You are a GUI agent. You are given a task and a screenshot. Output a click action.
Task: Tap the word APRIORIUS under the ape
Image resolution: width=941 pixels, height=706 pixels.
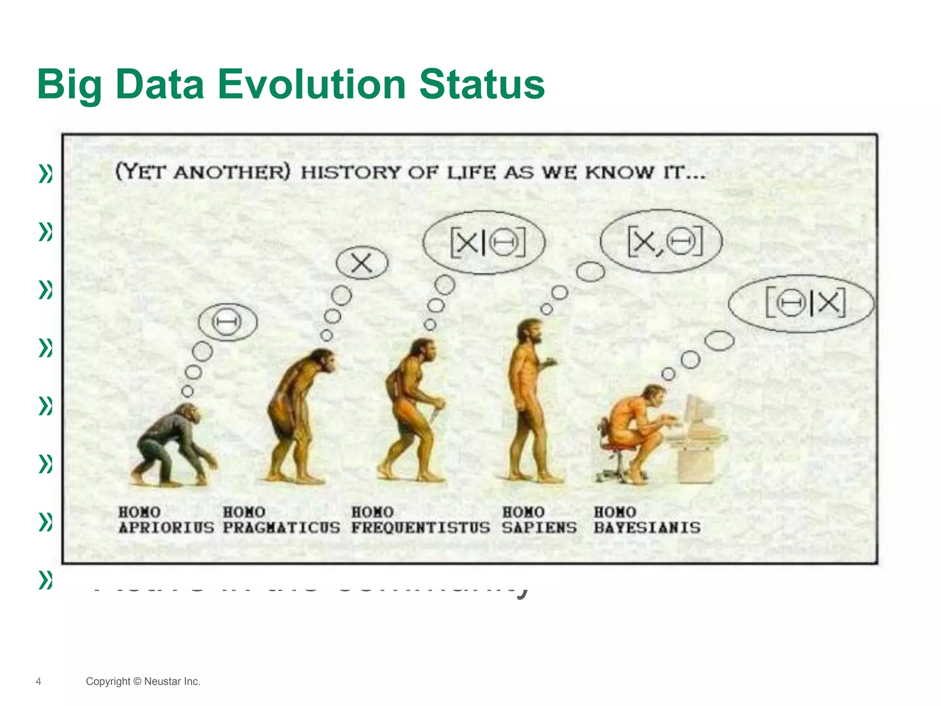166,528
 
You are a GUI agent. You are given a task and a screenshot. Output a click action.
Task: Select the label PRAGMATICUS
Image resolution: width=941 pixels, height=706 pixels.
281,528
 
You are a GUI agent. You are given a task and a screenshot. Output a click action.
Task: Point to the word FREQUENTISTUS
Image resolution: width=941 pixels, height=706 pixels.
420,528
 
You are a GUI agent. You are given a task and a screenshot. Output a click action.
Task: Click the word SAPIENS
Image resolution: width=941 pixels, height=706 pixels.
539,528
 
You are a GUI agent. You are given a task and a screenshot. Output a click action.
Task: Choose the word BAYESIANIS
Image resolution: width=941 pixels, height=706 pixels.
647,528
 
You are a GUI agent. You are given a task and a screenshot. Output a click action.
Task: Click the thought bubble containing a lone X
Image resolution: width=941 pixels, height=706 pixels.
362,263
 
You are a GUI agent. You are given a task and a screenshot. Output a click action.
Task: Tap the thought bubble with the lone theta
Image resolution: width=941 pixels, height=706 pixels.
227,322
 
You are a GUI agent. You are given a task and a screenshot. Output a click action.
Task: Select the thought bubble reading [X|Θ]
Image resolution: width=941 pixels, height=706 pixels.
483,242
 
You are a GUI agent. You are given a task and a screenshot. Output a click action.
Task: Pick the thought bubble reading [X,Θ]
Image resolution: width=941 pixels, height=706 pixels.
662,241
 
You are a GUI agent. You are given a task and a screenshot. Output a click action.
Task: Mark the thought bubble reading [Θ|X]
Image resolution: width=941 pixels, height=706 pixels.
801,303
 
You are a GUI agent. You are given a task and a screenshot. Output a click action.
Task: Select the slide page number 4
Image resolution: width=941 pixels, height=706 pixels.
39,681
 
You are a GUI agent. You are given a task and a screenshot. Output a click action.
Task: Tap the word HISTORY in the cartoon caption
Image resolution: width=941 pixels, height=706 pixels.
351,172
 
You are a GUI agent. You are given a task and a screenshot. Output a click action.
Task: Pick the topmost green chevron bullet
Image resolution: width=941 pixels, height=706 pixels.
45,174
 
